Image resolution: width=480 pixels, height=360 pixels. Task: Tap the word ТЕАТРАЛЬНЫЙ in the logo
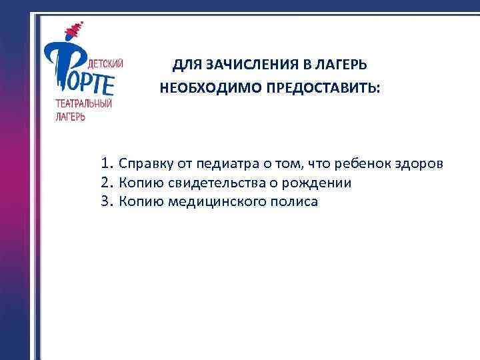click(x=83, y=104)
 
